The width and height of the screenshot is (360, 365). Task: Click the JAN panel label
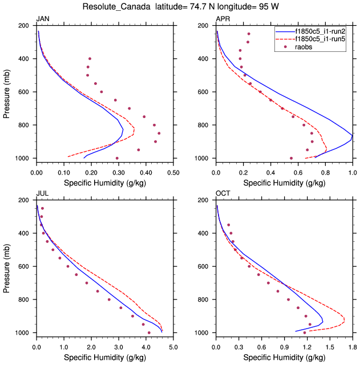43,19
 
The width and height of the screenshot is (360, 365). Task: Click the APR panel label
223,19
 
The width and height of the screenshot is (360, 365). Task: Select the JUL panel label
42,193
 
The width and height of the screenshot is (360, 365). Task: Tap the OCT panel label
223,193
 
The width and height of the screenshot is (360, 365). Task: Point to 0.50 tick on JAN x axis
173,172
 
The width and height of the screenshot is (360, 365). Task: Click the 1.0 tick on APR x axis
352,172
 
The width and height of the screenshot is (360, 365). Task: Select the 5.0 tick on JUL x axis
173,346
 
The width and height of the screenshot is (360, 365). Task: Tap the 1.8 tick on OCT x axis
352,346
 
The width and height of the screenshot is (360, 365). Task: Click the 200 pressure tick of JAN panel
24,26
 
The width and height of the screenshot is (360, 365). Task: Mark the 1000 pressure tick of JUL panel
22,332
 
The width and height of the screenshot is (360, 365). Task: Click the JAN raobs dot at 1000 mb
117,158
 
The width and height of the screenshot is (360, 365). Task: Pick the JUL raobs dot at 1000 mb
149,332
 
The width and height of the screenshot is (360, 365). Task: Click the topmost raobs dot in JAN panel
90,59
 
